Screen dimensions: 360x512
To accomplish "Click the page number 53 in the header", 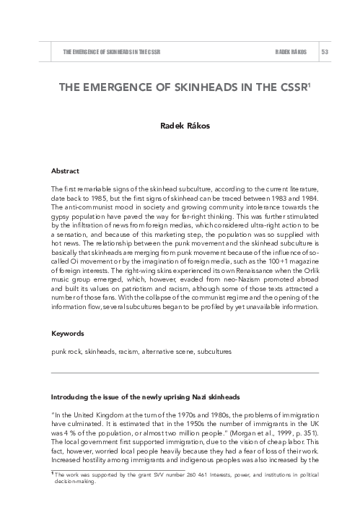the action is point(325,53).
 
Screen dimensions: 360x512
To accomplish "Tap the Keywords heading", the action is point(67,334).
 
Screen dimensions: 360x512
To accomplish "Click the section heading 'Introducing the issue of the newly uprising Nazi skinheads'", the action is point(144,398).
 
